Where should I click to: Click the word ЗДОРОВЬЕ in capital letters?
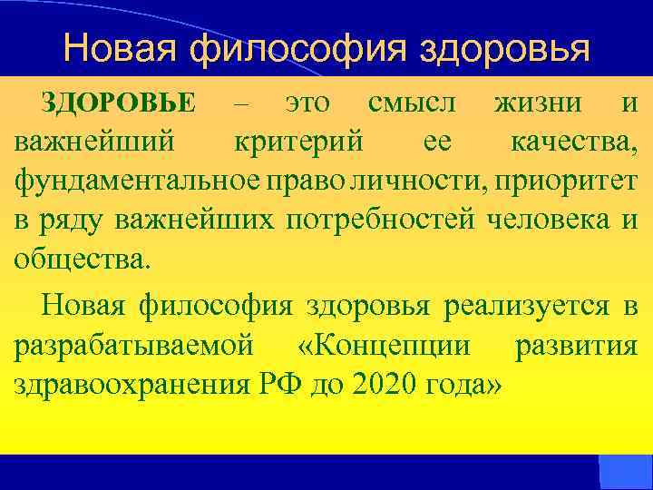[x=119, y=103]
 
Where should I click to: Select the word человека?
[x=551, y=219]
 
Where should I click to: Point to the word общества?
[x=79, y=258]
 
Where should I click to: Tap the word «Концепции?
[x=384, y=345]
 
